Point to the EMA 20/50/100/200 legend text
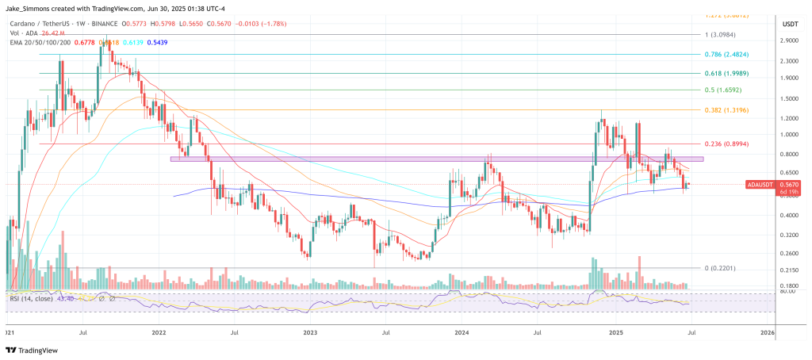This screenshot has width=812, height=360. pyautogui.click(x=40, y=42)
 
